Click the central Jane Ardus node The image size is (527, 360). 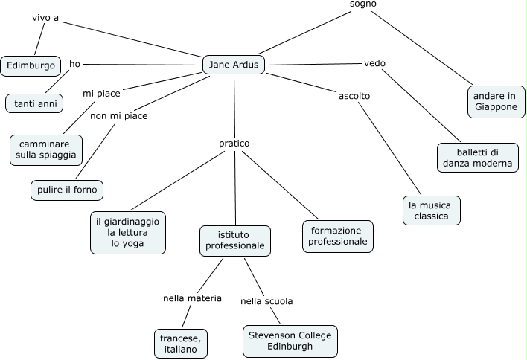tap(234, 65)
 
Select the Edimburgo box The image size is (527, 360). tap(31, 66)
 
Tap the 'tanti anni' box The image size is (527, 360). tap(35, 103)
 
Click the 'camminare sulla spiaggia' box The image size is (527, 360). tap(46, 149)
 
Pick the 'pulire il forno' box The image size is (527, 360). tap(67, 190)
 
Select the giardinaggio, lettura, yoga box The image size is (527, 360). tap(128, 233)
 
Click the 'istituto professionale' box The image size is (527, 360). tap(234, 240)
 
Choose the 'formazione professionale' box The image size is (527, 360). tap(338, 237)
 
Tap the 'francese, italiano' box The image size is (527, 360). tap(181, 342)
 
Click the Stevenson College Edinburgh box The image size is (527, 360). tap(290, 341)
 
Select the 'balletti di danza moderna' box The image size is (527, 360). tap(477, 158)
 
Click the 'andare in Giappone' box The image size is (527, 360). tap(496, 101)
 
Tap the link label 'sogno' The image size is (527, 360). tap(363, 4)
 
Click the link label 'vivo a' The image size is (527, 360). tap(45, 17)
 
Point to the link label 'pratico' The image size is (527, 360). tap(234, 143)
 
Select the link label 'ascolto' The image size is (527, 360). tap(354, 96)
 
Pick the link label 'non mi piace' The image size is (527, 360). tap(119, 116)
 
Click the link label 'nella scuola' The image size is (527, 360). tap(266, 301)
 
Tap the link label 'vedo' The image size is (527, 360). tap(374, 63)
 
